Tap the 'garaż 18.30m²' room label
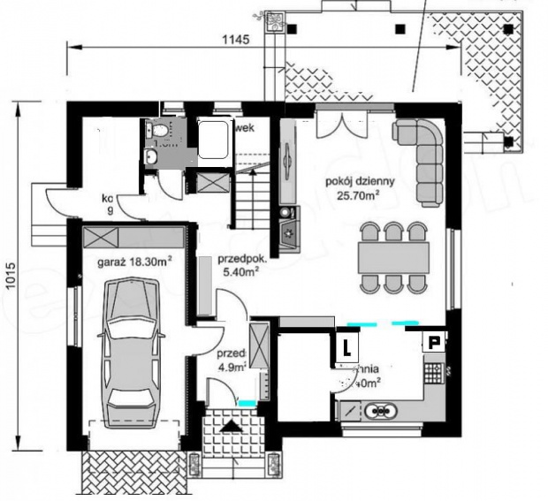point(133,262)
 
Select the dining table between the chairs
point(394,257)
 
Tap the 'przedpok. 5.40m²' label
point(238,267)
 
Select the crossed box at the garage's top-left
point(101,237)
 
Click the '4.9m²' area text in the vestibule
point(231,368)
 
